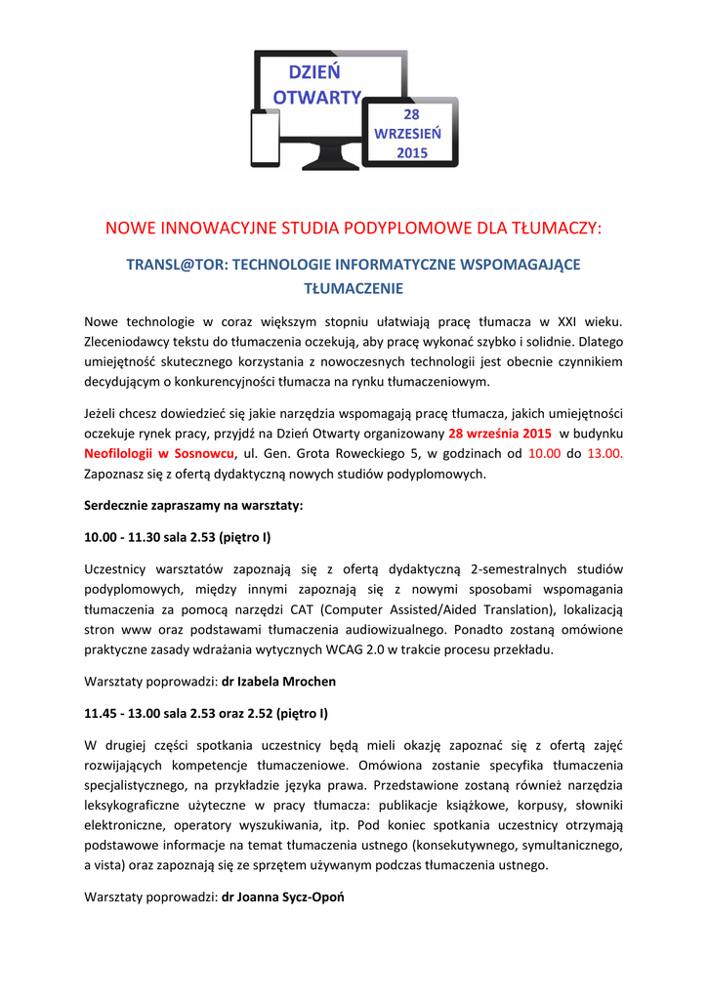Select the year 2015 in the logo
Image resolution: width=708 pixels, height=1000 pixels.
coord(412,152)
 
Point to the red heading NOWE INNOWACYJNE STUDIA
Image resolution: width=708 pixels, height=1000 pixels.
coord(353,229)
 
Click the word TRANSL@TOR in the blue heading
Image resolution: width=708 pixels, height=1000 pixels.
coord(177,265)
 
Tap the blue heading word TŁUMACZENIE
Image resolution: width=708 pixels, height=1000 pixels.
coord(354,288)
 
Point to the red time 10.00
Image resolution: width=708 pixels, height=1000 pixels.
coord(544,454)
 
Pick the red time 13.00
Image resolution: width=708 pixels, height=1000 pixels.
coord(604,454)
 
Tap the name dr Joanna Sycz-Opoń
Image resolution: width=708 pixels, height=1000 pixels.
coord(283,896)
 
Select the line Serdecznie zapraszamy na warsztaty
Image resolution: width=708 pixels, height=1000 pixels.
coord(193,506)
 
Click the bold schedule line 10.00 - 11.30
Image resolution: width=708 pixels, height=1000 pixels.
coord(177,537)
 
